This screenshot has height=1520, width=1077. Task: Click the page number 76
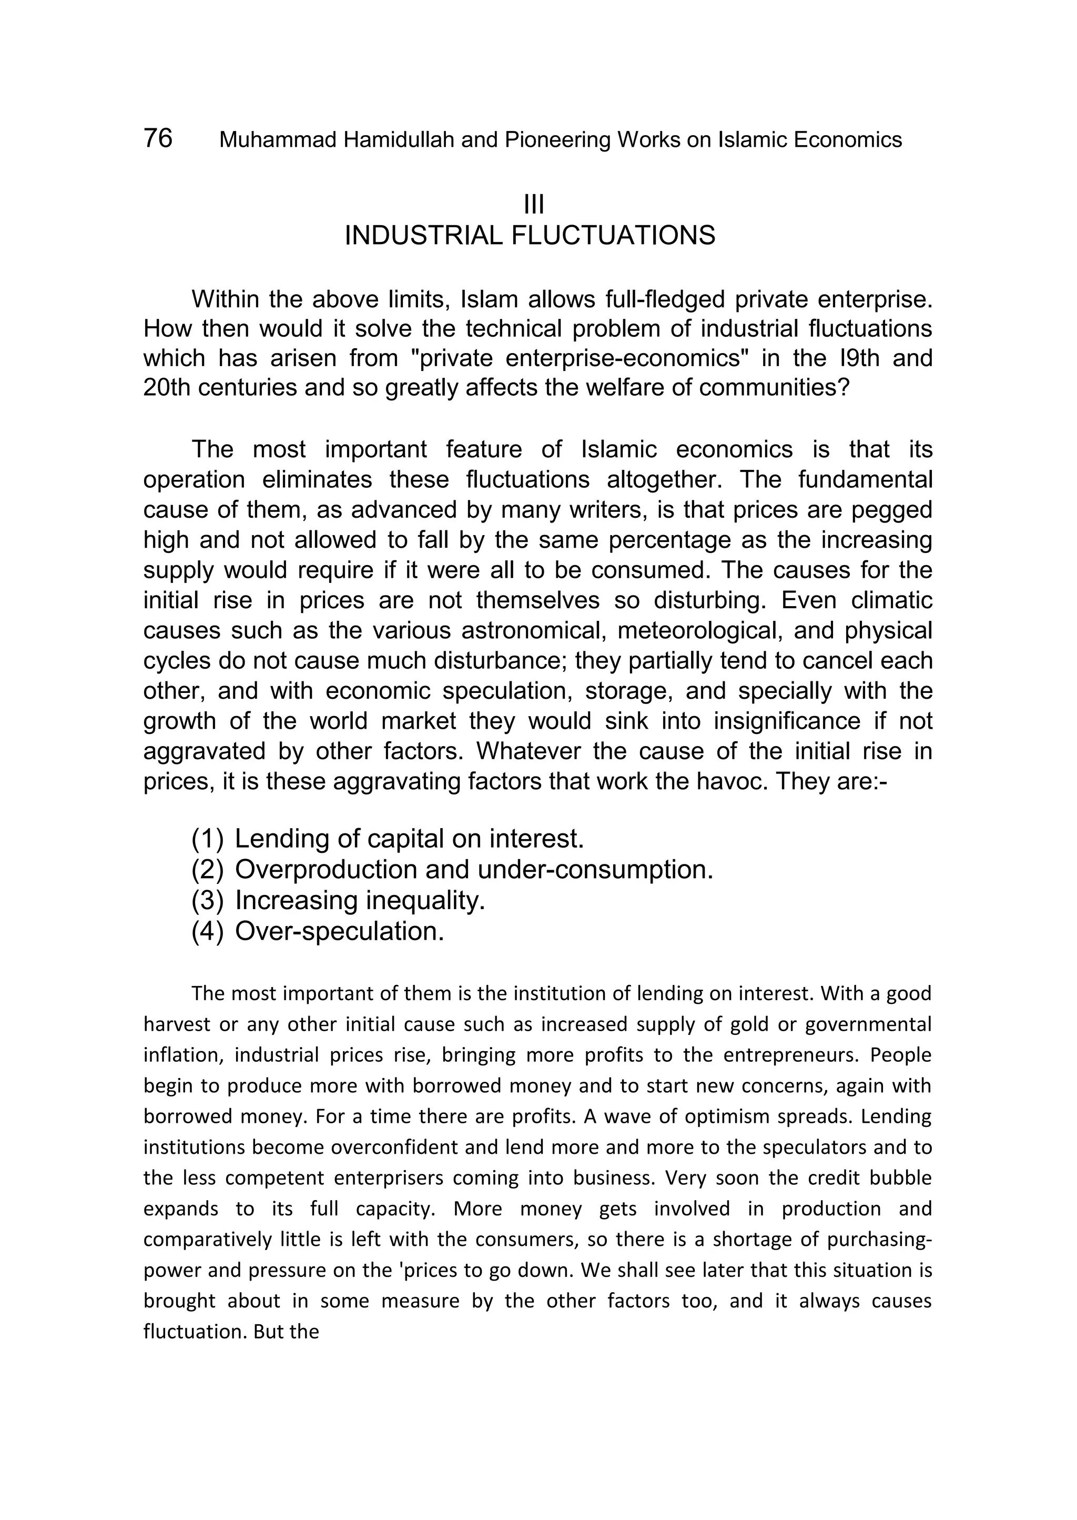pyautogui.click(x=158, y=138)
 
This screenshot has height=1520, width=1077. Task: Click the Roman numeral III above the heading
pyautogui.click(x=533, y=205)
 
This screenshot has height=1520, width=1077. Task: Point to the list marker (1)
pyautogui.click(x=208, y=839)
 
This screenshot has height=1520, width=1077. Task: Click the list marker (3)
pyautogui.click(x=208, y=901)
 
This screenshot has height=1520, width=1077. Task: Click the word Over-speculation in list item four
pyautogui.click(x=339, y=931)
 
